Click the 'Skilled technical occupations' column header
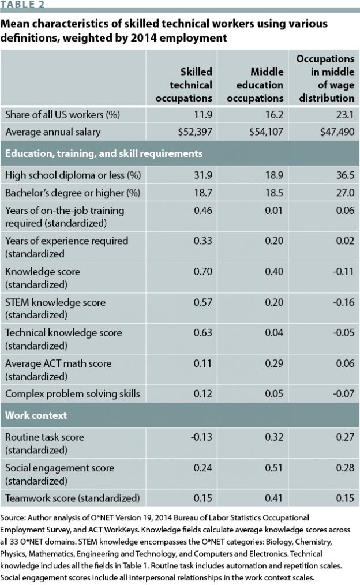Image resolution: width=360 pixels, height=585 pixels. coord(183,85)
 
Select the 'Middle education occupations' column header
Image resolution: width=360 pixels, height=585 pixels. coord(255,85)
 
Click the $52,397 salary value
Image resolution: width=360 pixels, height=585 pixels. coord(195,132)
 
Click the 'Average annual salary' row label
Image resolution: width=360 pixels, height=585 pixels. coord(53,132)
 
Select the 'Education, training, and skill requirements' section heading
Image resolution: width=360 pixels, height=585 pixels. coord(104,154)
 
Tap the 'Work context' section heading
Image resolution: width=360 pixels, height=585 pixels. coord(36,415)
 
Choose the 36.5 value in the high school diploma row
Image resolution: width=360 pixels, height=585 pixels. coord(345,175)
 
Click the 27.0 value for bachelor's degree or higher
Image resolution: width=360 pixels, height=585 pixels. coord(345,192)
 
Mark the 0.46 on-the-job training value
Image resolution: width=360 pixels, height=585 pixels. coord(203,211)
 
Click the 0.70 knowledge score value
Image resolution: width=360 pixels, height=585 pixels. coord(203,272)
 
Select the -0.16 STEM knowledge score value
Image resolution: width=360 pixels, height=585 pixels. coord(344,302)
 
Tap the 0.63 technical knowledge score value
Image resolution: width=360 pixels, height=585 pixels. coord(203,333)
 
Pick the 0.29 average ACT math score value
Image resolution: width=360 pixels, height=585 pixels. coord(275,363)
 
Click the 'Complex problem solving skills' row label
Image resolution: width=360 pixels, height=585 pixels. coord(73,394)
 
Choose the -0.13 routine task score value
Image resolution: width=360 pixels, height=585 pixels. coord(202,437)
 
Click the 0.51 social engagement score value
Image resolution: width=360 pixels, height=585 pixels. coord(275,468)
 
